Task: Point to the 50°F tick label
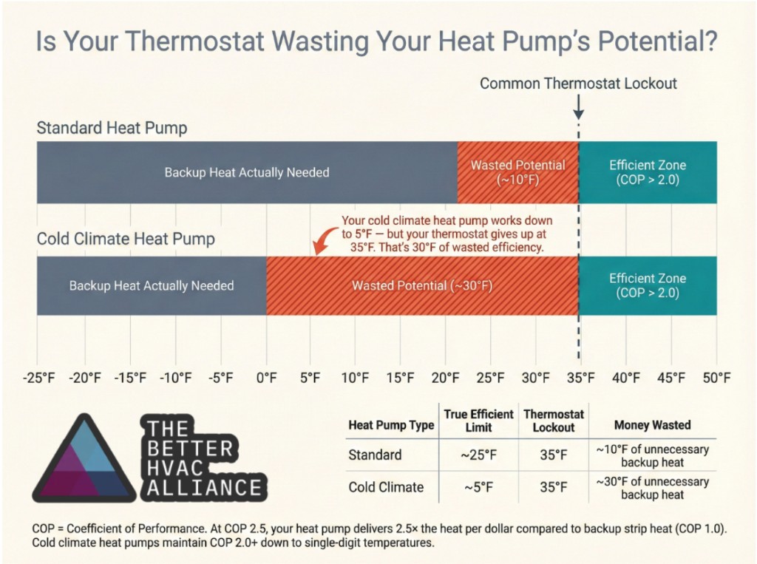716,378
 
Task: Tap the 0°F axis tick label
266,378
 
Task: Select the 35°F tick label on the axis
580,378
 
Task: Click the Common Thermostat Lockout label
578,84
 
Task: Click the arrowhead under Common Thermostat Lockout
579,115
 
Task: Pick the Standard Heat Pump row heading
112,128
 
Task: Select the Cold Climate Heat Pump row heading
126,239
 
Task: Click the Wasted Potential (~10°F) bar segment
517,172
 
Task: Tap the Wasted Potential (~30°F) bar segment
422,285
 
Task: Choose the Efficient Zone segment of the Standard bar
648,172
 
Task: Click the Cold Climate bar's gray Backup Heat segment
152,285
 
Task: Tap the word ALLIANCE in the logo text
204,488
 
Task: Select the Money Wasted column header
652,425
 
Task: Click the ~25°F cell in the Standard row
478,455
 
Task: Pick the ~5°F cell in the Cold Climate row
478,487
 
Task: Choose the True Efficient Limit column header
478,421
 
